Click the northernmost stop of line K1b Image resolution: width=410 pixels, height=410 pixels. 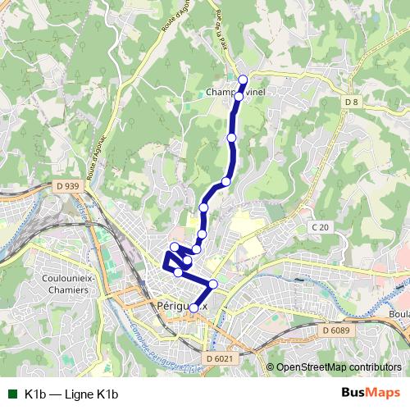[x=243, y=80]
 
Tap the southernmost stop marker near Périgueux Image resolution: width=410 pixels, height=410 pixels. [x=194, y=307]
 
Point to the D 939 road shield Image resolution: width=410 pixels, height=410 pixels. [x=71, y=186]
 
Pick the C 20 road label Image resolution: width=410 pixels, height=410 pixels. [x=320, y=226]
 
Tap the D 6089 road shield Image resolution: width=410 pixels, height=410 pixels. [x=335, y=330]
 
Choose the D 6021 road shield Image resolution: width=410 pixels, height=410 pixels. [x=220, y=358]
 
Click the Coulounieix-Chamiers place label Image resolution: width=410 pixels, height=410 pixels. [x=57, y=285]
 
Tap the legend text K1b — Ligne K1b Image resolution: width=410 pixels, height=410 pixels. [x=72, y=394]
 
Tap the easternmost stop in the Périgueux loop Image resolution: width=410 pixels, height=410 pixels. [x=213, y=284]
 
